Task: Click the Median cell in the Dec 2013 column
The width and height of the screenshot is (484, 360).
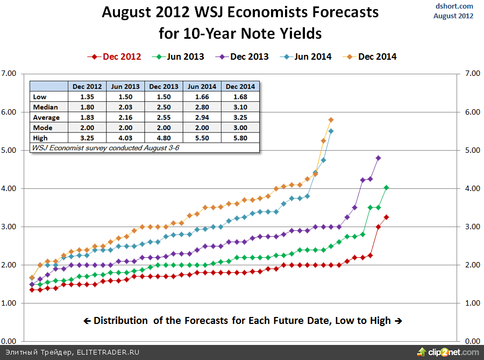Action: pos(163,107)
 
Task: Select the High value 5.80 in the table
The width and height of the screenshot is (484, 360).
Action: pos(240,138)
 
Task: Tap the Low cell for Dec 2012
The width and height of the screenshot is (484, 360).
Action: pos(86,97)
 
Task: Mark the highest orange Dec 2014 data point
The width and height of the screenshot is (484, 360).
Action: pos(331,119)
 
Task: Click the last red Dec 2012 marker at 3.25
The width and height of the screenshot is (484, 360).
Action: pos(386,217)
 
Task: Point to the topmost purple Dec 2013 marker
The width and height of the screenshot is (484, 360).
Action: pos(378,158)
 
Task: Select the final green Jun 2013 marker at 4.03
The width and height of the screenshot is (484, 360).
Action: pos(386,187)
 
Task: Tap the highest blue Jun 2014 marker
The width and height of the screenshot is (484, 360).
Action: pos(331,131)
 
